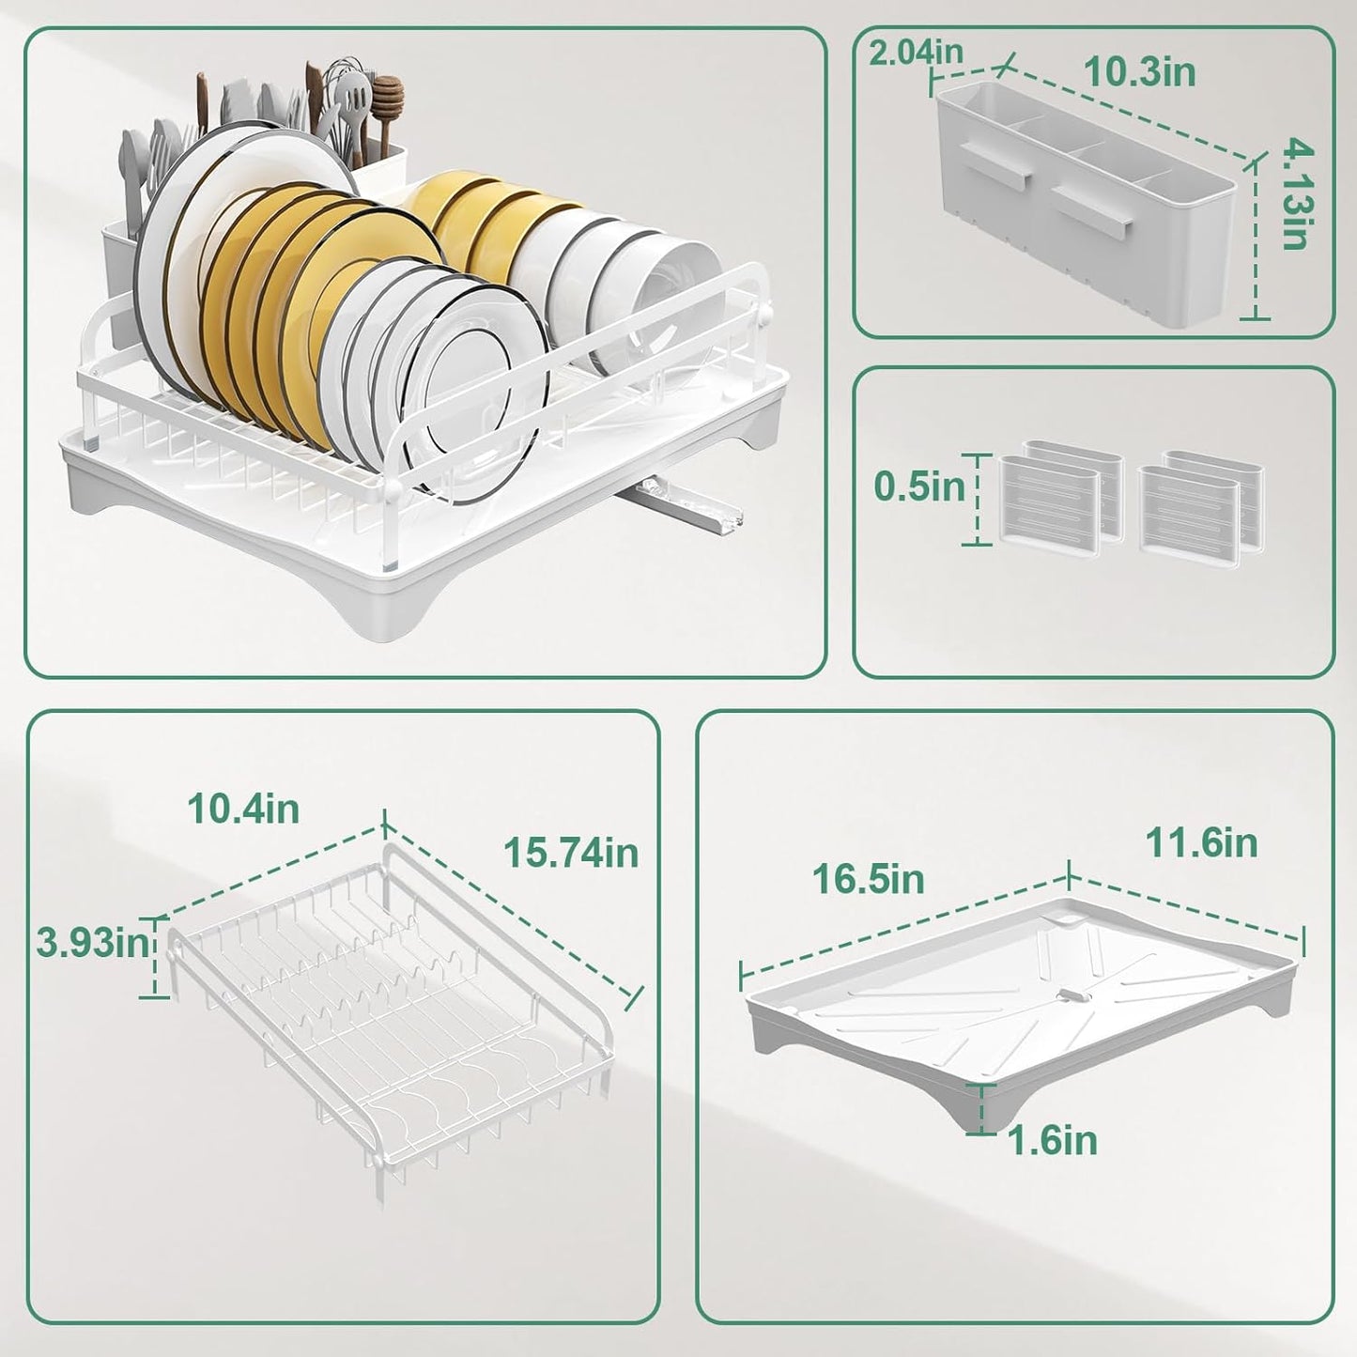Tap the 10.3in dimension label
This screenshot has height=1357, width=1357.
click(x=1139, y=72)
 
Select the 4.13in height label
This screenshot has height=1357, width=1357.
click(x=1297, y=193)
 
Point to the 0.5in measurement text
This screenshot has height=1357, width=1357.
click(x=918, y=486)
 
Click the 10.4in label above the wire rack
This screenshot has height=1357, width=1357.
click(x=243, y=809)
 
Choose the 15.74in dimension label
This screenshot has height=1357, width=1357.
click(x=570, y=853)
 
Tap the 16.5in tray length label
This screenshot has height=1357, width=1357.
click(x=868, y=880)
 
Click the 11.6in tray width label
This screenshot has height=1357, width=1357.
click(x=1201, y=842)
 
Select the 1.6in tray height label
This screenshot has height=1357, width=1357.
click(x=1052, y=1141)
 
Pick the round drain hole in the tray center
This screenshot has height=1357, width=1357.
click(x=1070, y=995)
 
